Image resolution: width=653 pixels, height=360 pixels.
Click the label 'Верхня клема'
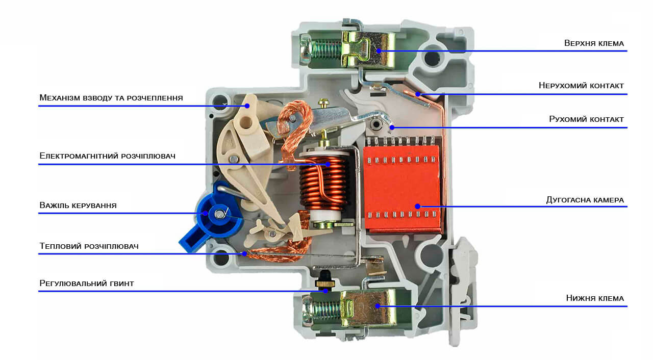tap(594, 43)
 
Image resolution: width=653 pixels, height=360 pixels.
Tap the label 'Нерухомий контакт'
tap(581, 86)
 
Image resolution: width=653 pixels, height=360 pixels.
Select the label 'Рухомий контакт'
tap(586, 119)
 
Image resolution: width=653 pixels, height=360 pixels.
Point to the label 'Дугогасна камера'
tap(585, 200)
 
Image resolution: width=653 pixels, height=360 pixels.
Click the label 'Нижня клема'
tap(595, 298)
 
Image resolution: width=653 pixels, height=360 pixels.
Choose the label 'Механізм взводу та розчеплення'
tap(111, 97)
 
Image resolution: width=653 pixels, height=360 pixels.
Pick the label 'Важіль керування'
tap(78, 205)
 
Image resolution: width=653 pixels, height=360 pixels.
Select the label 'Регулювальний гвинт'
tap(87, 283)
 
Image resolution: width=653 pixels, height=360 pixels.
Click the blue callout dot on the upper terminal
tap(379, 50)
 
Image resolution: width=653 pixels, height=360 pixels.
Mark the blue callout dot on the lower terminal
tap(378, 306)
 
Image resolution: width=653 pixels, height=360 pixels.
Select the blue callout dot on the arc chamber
tap(417, 206)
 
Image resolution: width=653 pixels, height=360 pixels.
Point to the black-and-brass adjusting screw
tap(323, 281)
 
